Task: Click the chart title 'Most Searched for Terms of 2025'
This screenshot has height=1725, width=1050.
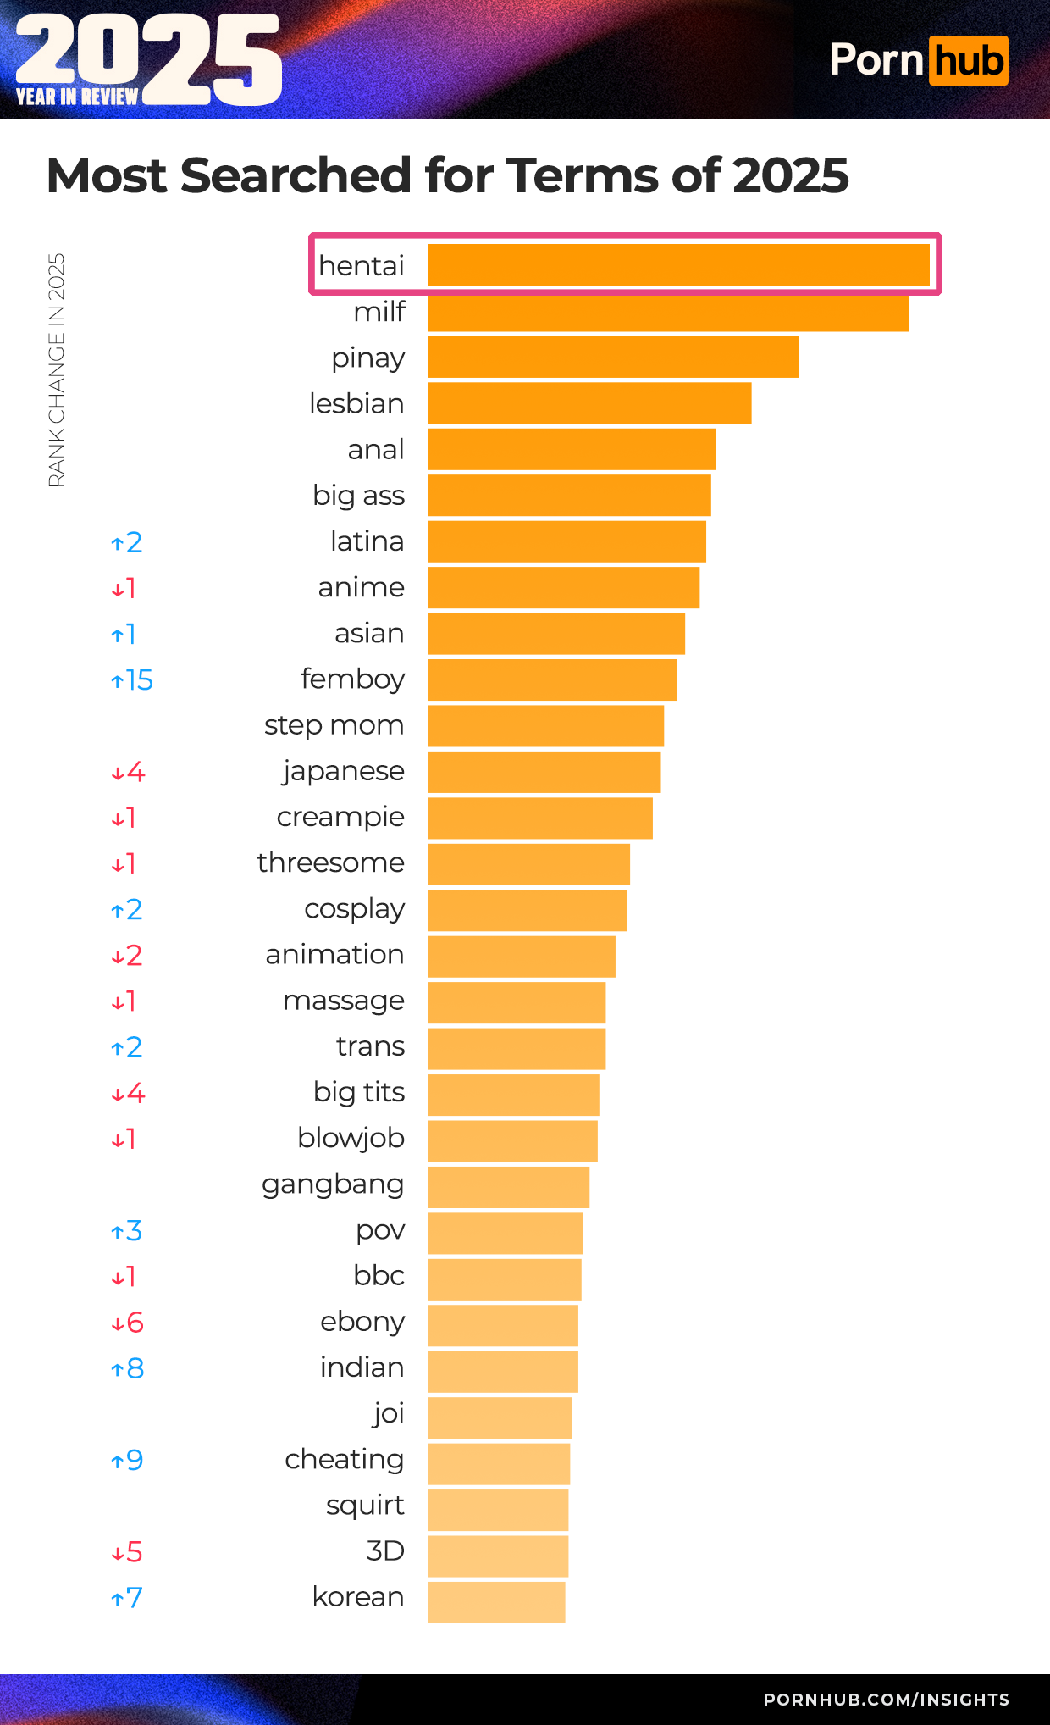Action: [x=447, y=175]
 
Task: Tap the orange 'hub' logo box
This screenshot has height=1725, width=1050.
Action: [x=968, y=61]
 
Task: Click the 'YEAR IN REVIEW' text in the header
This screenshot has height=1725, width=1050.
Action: [x=77, y=97]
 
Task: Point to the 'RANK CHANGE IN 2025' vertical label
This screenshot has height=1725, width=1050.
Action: [x=56, y=370]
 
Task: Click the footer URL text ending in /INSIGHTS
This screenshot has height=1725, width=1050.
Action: [x=886, y=1700]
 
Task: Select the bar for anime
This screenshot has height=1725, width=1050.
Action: [x=563, y=588]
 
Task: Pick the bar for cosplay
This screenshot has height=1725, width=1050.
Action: [x=527, y=910]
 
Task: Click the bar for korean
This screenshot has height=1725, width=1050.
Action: [x=496, y=1602]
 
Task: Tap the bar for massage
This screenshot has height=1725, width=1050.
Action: [x=517, y=1002]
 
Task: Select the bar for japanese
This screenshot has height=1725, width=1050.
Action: [x=544, y=772]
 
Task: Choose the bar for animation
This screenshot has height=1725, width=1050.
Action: [x=521, y=957]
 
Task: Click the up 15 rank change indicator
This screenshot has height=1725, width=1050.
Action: [x=132, y=680]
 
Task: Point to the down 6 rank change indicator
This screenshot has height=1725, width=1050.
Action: [x=128, y=1323]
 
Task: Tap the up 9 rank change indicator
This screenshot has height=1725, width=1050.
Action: [x=128, y=1461]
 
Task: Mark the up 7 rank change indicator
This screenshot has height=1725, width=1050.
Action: [x=127, y=1599]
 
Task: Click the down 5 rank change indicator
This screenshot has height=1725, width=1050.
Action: [x=127, y=1552]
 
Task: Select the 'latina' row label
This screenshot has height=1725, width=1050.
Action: [x=367, y=541]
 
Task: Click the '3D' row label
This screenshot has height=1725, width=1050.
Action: [x=384, y=1551]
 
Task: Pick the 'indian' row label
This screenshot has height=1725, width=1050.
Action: [x=362, y=1367]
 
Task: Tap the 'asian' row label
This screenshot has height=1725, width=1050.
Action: [x=368, y=634]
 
